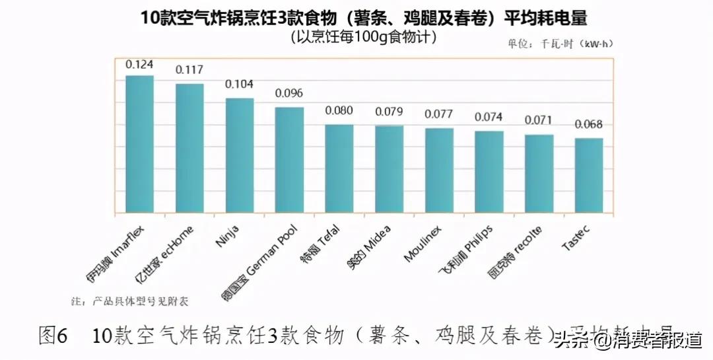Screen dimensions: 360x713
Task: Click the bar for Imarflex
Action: [139, 145]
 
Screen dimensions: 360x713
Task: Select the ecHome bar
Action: [189, 149]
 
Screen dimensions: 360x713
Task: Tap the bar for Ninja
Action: [240, 157]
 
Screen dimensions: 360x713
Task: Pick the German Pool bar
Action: [289, 161]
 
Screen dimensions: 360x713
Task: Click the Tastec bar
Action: [589, 176]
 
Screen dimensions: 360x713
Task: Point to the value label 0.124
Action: [139, 65]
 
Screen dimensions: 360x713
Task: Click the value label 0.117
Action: [189, 69]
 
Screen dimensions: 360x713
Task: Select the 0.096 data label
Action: [289, 93]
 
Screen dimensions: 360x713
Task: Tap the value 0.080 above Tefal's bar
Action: [339, 110]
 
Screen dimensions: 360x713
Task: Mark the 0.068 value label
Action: [589, 124]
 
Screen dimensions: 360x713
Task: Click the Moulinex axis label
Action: [423, 242]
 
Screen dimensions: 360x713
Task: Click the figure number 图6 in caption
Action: [54, 336]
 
